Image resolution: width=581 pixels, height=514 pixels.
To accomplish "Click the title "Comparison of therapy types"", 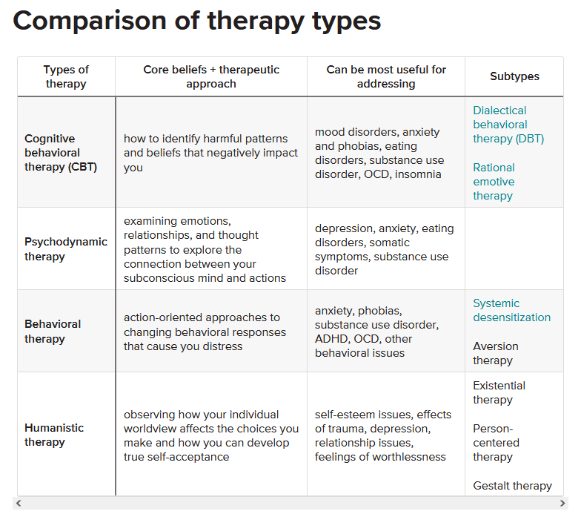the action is pyautogui.click(x=197, y=21).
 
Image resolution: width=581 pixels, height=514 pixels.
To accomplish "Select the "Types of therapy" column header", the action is pyautogui.click(x=66, y=76).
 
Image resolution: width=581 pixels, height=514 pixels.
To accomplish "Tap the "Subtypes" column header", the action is pyautogui.click(x=514, y=76).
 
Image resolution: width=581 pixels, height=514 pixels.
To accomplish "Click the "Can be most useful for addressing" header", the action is pyautogui.click(x=386, y=76).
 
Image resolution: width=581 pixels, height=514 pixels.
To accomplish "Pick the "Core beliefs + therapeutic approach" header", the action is pyautogui.click(x=211, y=76).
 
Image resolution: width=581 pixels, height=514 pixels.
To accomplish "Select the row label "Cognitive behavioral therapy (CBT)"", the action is pyautogui.click(x=61, y=153).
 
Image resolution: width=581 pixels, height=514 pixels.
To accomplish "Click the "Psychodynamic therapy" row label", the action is pyautogui.click(x=65, y=249).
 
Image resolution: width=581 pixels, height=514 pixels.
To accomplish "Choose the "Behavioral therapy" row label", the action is pyautogui.click(x=53, y=331).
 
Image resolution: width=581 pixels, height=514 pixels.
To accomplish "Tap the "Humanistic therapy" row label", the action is pyautogui.click(x=54, y=435).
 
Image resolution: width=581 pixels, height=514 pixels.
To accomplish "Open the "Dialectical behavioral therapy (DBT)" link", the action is pyautogui.click(x=508, y=125).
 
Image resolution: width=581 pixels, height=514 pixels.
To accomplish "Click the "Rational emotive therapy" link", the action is pyautogui.click(x=494, y=181).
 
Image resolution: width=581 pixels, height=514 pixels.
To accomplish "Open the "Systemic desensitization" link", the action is pyautogui.click(x=511, y=310).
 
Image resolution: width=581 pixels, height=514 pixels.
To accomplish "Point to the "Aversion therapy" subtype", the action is pyautogui.click(x=496, y=353).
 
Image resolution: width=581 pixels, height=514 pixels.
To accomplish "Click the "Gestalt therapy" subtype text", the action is pyautogui.click(x=513, y=485).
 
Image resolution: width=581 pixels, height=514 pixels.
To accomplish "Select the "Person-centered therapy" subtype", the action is pyautogui.click(x=497, y=442).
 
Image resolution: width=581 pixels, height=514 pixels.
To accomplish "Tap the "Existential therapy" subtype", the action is pyautogui.click(x=499, y=392).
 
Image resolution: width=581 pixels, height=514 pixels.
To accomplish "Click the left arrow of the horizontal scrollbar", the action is pyautogui.click(x=19, y=503).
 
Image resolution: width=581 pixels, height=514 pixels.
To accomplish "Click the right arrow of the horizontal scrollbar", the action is pyautogui.click(x=562, y=503).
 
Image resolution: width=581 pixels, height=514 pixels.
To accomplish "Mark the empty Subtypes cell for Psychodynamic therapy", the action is pyautogui.click(x=514, y=248).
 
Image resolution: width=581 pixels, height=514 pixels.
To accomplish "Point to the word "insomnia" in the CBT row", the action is pyautogui.click(x=418, y=174).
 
